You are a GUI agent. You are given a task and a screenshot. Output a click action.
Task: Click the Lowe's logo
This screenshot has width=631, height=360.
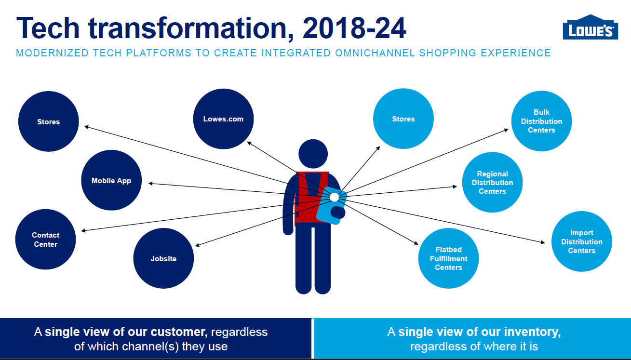pyautogui.click(x=590, y=27)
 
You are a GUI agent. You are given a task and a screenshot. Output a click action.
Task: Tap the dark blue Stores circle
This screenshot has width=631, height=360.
pyautogui.click(x=49, y=121)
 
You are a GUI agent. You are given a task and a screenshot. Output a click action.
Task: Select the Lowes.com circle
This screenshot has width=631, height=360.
pyautogui.click(x=223, y=119)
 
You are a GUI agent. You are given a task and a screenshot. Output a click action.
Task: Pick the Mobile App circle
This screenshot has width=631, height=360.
pyautogui.click(x=111, y=180)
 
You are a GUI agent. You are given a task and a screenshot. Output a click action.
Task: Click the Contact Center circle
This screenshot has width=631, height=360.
pyautogui.click(x=46, y=240)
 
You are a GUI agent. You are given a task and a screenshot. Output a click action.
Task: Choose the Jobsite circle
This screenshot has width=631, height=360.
pyautogui.click(x=163, y=258)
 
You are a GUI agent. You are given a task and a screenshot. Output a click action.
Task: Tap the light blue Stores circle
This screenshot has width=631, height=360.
pyautogui.click(x=403, y=119)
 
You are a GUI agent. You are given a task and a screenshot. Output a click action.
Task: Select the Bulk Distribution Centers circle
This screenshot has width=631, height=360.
pyautogui.click(x=541, y=121)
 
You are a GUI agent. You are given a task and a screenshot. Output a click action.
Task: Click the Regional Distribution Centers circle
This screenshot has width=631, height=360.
pyautogui.click(x=492, y=182)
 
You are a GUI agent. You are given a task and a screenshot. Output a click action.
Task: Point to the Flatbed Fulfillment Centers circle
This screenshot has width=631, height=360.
pyautogui.click(x=448, y=258)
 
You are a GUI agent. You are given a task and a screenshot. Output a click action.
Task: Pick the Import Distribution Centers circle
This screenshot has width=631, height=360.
pyautogui.click(x=582, y=241)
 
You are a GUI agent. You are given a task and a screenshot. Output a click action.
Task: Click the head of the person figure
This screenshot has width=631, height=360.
pyautogui.click(x=313, y=154)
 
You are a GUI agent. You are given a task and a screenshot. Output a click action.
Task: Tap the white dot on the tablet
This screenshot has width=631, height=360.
pyautogui.click(x=334, y=197)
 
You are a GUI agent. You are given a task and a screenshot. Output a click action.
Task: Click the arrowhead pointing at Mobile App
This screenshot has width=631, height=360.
pyautogui.click(x=151, y=184)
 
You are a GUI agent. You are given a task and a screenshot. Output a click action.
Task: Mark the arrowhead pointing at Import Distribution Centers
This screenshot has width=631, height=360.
pyautogui.click(x=543, y=242)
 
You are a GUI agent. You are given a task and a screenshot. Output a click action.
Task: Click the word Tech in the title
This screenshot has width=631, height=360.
pyautogui.click(x=48, y=28)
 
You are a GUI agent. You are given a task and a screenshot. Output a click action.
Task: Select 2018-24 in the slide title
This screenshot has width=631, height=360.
pyautogui.click(x=354, y=28)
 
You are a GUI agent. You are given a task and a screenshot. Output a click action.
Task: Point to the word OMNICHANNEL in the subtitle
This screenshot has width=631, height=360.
pyautogui.click(x=375, y=53)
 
